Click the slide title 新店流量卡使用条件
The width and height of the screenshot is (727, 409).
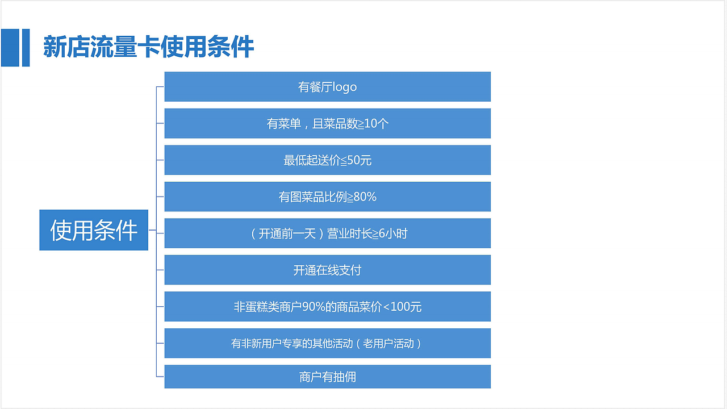pos(148,47)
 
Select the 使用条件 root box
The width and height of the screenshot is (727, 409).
pos(94,230)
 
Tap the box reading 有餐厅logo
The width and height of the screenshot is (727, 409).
pos(327,87)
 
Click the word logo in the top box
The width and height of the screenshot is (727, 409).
pos(345,87)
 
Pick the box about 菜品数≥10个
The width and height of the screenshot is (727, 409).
pos(327,123)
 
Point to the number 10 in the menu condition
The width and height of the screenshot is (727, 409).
pos(370,124)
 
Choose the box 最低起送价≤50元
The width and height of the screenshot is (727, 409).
pos(327,160)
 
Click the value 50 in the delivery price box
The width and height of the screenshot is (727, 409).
pos(353,161)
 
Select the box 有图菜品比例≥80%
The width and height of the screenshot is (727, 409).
pos(327,197)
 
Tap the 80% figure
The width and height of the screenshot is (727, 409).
pos(365,197)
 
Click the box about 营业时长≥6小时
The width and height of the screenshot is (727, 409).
pos(327,233)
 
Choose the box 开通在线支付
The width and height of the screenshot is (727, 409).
pos(327,270)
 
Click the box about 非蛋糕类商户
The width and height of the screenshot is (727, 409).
pos(327,307)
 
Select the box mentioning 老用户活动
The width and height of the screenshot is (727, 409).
pos(327,343)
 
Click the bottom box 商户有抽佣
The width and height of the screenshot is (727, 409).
pos(327,377)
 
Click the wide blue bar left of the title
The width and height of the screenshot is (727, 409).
pos(10,47)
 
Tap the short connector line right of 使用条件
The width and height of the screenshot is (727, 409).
pos(152,230)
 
